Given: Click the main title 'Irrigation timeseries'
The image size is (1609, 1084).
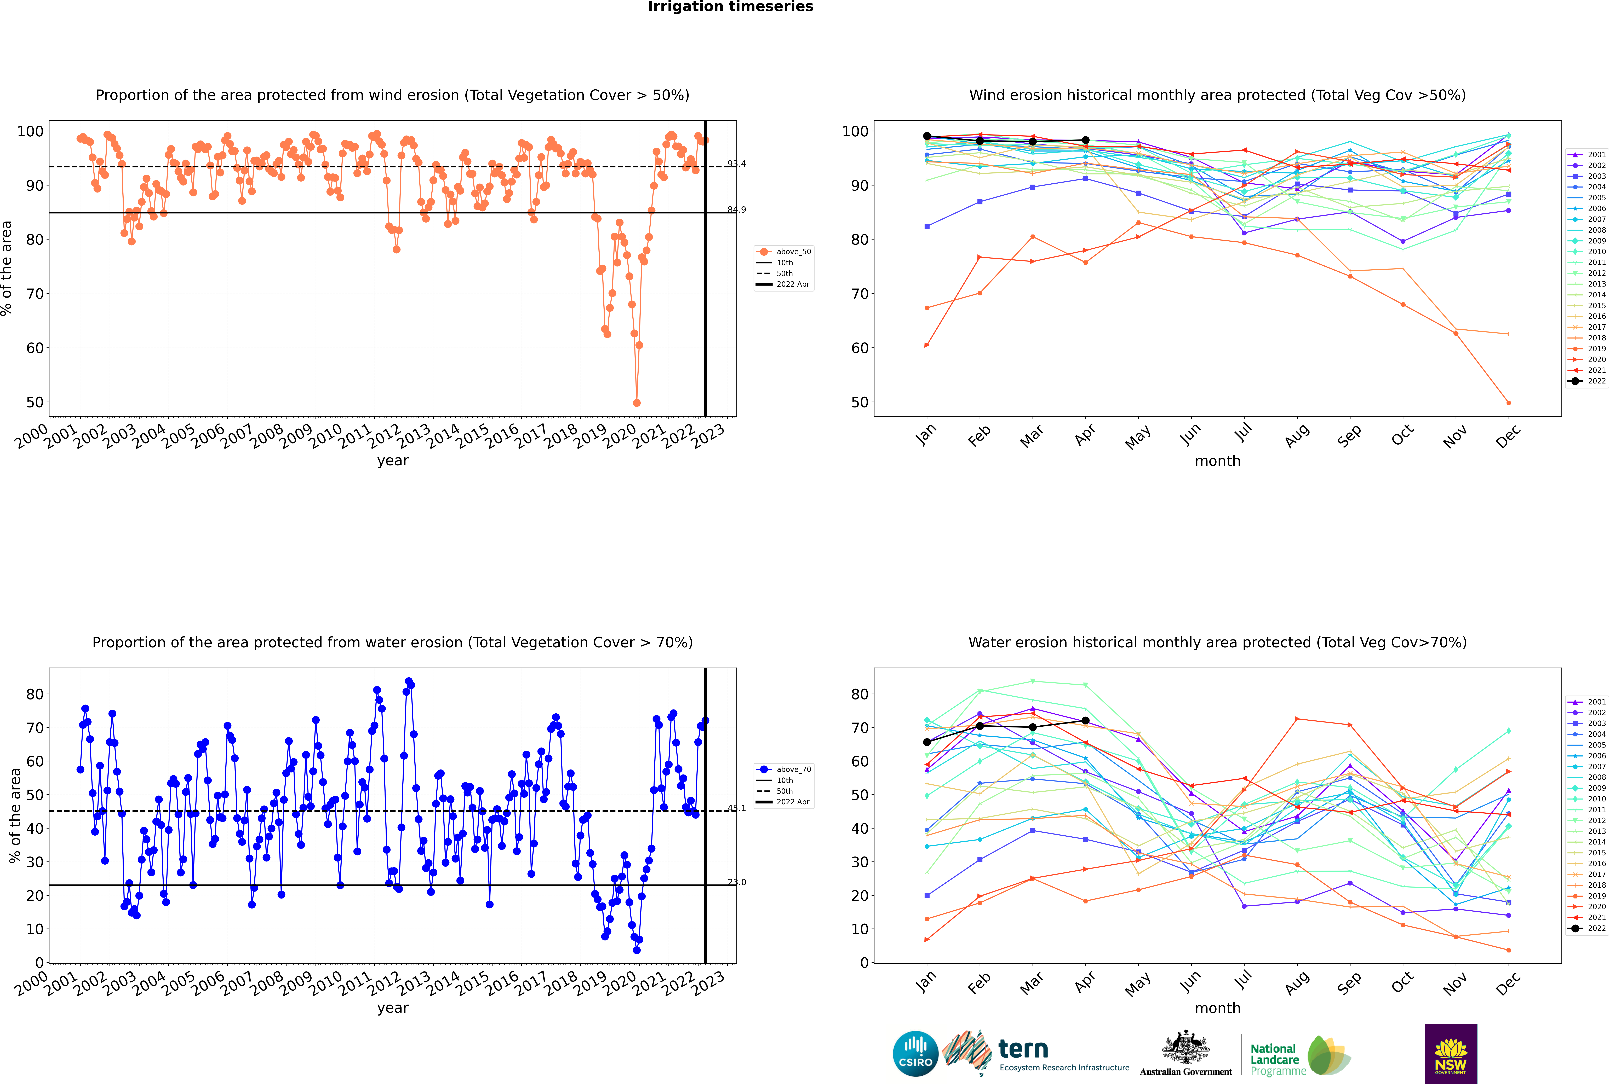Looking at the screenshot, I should [730, 7].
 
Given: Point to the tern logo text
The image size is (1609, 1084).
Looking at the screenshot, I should [1023, 1050].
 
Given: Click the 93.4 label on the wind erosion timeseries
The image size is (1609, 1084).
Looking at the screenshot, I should [737, 164].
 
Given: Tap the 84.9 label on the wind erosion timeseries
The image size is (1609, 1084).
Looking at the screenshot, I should [737, 209].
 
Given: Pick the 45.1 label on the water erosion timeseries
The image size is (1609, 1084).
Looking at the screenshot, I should [737, 808].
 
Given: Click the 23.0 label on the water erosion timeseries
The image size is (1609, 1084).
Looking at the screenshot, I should [737, 882].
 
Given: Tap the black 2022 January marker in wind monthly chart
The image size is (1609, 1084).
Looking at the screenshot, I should [927, 136].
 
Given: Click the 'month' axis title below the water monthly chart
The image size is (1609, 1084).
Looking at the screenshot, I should [1217, 1008].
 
